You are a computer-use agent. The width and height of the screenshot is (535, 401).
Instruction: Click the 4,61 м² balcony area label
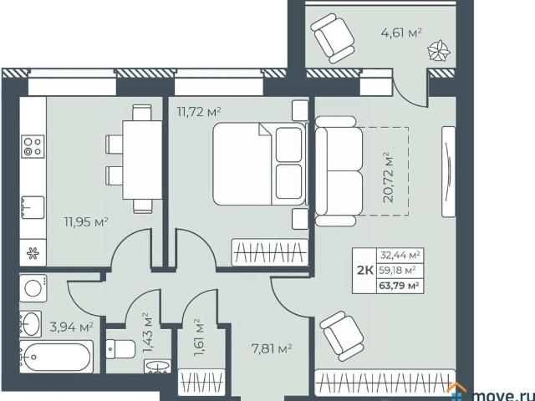point(401,33)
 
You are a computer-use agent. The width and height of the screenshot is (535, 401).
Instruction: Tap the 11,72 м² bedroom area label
point(199,111)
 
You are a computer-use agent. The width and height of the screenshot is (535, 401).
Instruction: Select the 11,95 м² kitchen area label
point(86,222)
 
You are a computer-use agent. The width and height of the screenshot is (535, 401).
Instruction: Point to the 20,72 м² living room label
point(388,177)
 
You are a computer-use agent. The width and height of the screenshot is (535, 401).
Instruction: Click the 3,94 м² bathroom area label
point(72,327)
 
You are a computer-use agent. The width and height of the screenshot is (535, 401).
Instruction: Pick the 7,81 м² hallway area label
point(270,349)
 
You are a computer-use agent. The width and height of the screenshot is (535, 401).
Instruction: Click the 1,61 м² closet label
point(200,338)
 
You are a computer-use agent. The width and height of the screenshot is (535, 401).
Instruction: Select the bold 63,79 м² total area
point(399,285)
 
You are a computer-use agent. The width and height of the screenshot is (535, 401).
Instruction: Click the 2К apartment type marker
point(364,271)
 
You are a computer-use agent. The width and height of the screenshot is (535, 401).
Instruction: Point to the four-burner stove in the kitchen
point(33,147)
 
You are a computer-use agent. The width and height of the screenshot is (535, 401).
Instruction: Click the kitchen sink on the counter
point(33,207)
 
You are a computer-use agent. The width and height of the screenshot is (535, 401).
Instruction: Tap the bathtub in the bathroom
point(56,357)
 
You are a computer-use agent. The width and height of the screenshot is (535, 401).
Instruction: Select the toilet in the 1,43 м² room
point(120,349)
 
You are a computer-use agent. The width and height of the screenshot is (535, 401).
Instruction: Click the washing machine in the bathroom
point(33,288)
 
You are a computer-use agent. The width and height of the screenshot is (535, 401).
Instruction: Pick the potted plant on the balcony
point(439,51)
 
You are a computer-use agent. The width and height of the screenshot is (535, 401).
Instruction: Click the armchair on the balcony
point(333,38)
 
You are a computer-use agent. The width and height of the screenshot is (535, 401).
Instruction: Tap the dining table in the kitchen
point(142,160)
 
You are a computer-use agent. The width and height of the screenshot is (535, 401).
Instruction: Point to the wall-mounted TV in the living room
point(448,172)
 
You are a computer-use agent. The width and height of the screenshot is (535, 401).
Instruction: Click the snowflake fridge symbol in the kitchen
point(33,253)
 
